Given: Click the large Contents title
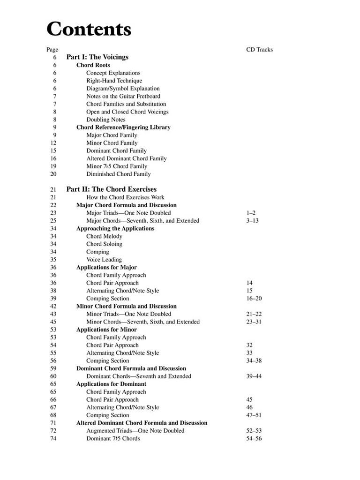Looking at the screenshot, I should pyautogui.click(x=89, y=30).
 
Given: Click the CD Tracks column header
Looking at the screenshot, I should pyautogui.click(x=259, y=50).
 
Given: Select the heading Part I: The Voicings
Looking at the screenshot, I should pyautogui.click(x=97, y=57).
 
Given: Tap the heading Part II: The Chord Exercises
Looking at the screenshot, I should pyautogui.click(x=111, y=189).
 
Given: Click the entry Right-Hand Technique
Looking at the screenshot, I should pyautogui.click(x=114, y=81).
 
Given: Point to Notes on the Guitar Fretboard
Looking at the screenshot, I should pyautogui.click(x=123, y=96).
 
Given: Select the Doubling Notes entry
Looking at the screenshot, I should pyautogui.click(x=105, y=120).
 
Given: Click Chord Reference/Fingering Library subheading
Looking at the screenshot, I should pyautogui.click(x=123, y=127).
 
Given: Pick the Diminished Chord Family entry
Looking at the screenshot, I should pyautogui.click(x=118, y=174).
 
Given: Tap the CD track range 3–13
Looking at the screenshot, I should pyautogui.click(x=252, y=221).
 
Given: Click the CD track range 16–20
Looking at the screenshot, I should pyautogui.click(x=254, y=299).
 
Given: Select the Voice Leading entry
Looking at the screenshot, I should pyautogui.click(x=104, y=260).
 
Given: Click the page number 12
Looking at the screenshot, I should pyautogui.click(x=53, y=143).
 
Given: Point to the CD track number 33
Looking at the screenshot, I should pyautogui.click(x=249, y=353).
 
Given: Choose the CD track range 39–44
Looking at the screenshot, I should pyautogui.click(x=254, y=376).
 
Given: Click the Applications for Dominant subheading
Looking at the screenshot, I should pyautogui.click(x=111, y=384).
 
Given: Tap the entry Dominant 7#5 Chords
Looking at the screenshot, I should pyautogui.click(x=113, y=438).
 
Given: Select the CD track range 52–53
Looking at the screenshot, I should pyautogui.click(x=254, y=431).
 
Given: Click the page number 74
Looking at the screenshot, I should pyautogui.click(x=53, y=438).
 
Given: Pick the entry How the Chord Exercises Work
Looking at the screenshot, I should pyautogui.click(x=125, y=197).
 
